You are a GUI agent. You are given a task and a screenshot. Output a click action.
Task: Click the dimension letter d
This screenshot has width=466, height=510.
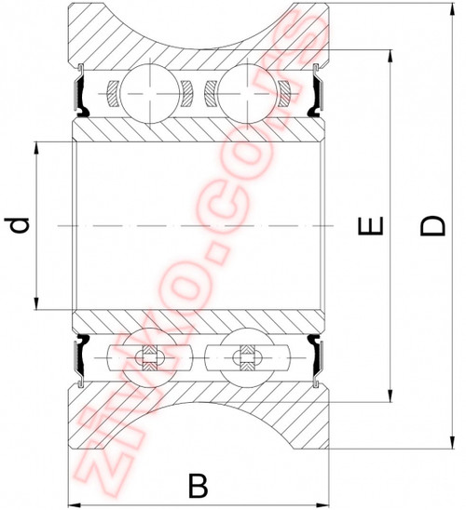tap(18, 224)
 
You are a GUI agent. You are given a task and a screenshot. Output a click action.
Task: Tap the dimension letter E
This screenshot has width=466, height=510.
tap(372, 224)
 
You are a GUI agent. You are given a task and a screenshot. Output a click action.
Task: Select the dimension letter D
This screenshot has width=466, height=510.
tap(430, 224)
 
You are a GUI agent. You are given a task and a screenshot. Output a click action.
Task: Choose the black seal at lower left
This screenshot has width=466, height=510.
tap(81, 356)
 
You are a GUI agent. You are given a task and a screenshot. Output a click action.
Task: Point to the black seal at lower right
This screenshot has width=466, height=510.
tap(318, 356)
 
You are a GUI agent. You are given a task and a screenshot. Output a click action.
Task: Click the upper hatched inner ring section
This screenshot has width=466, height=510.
tap(197, 129)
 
